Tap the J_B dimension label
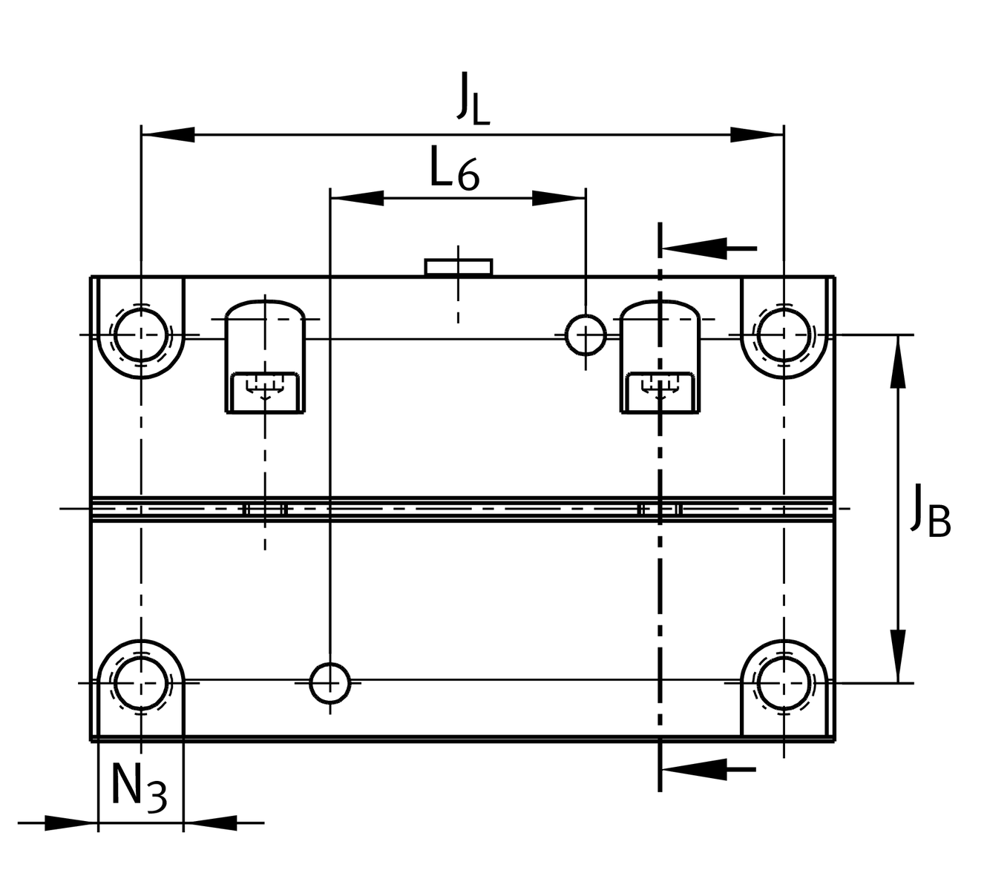click(x=930, y=512)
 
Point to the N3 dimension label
click(x=139, y=788)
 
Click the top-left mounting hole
click(x=141, y=334)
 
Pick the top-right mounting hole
click(x=784, y=334)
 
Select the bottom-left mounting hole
click(x=141, y=682)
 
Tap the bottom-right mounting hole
click(x=784, y=682)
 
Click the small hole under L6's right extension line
click(x=586, y=334)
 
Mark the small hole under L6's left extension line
click(x=329, y=682)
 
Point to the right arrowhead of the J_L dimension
click(x=757, y=135)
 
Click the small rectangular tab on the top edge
click(x=458, y=267)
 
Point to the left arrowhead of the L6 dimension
click(x=357, y=198)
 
